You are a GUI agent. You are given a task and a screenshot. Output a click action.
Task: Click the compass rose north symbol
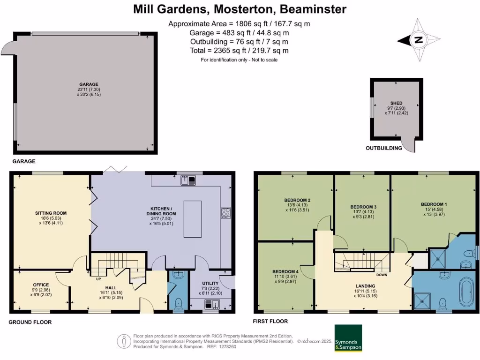point(419,40)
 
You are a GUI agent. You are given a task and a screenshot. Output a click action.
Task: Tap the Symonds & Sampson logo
point(348,338)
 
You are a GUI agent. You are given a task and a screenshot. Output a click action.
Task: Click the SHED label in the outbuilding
point(397,103)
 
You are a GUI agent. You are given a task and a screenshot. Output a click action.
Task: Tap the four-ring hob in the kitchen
point(225,213)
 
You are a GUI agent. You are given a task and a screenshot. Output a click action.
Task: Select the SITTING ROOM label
point(49,213)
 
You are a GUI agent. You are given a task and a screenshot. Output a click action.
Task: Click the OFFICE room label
point(41,285)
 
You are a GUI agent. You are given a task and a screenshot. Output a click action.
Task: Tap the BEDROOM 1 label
point(434,204)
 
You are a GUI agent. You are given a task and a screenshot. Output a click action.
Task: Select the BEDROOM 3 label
point(363,207)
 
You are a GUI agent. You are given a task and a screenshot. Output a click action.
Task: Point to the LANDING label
point(365,286)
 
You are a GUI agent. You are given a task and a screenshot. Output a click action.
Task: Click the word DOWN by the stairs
point(382,275)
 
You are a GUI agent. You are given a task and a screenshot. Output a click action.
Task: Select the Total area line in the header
point(239,51)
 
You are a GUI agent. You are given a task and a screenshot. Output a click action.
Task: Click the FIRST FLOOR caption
point(270,321)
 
